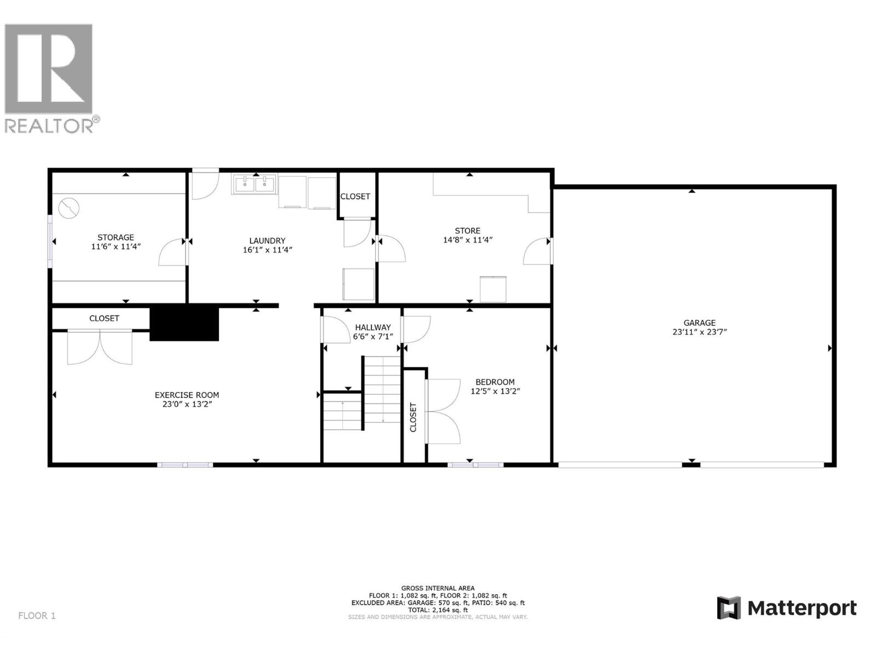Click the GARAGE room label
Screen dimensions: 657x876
[699, 323]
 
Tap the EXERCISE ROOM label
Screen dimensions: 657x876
[187, 395]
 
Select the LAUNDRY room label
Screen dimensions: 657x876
[267, 240]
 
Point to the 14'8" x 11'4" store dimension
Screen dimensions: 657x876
[468, 240]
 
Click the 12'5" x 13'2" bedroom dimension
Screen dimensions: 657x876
[495, 391]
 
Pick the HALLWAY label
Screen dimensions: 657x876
[372, 327]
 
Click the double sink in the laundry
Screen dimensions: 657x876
[255, 184]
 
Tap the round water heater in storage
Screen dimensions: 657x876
[70, 208]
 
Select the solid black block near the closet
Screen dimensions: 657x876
[185, 324]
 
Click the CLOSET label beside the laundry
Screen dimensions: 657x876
[355, 197]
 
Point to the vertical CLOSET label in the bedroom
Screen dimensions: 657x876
[413, 417]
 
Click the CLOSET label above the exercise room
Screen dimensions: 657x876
[104, 318]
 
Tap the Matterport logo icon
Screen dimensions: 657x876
[729, 608]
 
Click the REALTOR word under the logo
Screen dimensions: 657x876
[49, 126]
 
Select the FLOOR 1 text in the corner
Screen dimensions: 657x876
[37, 615]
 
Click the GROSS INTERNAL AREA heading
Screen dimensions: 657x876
[437, 588]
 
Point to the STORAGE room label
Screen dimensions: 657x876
[116, 237]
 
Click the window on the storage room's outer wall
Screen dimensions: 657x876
[50, 241]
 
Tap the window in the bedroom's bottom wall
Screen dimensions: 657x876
[475, 465]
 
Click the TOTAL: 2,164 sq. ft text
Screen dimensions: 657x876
[437, 609]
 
